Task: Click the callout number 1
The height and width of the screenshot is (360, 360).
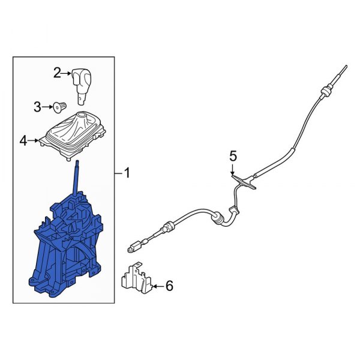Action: tap(127, 173)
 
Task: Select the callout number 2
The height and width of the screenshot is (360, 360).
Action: tap(58, 73)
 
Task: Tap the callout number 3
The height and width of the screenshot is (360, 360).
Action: tap(37, 107)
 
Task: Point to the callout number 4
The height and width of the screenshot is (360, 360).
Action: tap(23, 141)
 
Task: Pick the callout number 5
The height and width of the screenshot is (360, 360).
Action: tap(233, 156)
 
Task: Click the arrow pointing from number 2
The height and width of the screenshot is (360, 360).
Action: tap(68, 74)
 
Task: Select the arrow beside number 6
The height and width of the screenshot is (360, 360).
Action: tap(157, 287)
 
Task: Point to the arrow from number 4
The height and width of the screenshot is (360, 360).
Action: tap(35, 141)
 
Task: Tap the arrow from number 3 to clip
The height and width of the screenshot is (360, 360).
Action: tap(47, 108)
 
